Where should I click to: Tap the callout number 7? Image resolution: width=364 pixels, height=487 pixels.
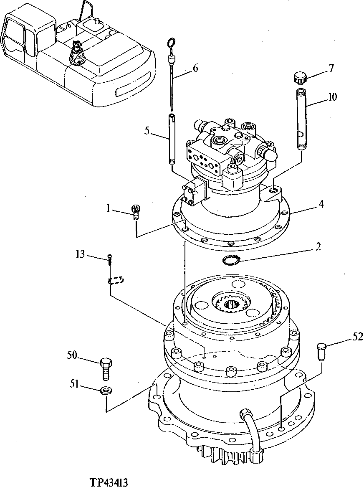pos(331,68)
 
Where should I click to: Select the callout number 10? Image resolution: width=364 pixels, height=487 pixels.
pos(332,97)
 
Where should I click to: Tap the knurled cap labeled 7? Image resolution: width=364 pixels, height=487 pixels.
pos(300,77)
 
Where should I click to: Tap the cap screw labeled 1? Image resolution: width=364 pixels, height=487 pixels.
pos(135,212)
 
